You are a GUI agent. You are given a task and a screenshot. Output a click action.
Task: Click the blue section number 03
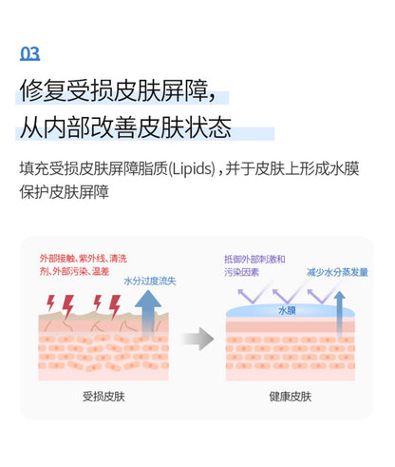coord(30,53)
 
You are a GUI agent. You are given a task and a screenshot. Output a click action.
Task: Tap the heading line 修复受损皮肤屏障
coord(118,91)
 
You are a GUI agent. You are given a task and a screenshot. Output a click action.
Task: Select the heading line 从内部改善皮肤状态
coord(125,127)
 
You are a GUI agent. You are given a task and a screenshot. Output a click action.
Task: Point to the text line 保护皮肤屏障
coord(65,192)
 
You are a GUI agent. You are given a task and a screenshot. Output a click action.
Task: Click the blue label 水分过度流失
coord(150,281)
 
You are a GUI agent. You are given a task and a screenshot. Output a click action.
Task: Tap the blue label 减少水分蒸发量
coord(337,272)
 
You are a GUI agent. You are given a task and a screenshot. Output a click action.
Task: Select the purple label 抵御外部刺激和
coord(254,259)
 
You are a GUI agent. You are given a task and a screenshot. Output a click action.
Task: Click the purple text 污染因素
coord(242,272)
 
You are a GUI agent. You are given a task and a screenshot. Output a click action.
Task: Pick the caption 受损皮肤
coord(103,397)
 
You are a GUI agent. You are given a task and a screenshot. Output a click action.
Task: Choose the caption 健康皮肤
coord(291,397)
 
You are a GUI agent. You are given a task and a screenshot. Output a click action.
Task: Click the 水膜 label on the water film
coord(287,310)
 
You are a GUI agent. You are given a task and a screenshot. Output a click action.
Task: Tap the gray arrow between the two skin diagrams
coord(197,339)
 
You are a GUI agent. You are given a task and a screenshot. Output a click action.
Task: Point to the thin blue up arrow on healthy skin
coord(339,314)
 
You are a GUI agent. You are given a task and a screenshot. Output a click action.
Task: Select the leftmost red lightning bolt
coord(50,303)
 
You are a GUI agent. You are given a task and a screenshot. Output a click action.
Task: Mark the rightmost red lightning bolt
coord(115,306)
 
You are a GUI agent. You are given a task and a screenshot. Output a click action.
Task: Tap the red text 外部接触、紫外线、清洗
coord(84,259)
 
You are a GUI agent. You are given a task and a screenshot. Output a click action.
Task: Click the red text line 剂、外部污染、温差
coord(74,271)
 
